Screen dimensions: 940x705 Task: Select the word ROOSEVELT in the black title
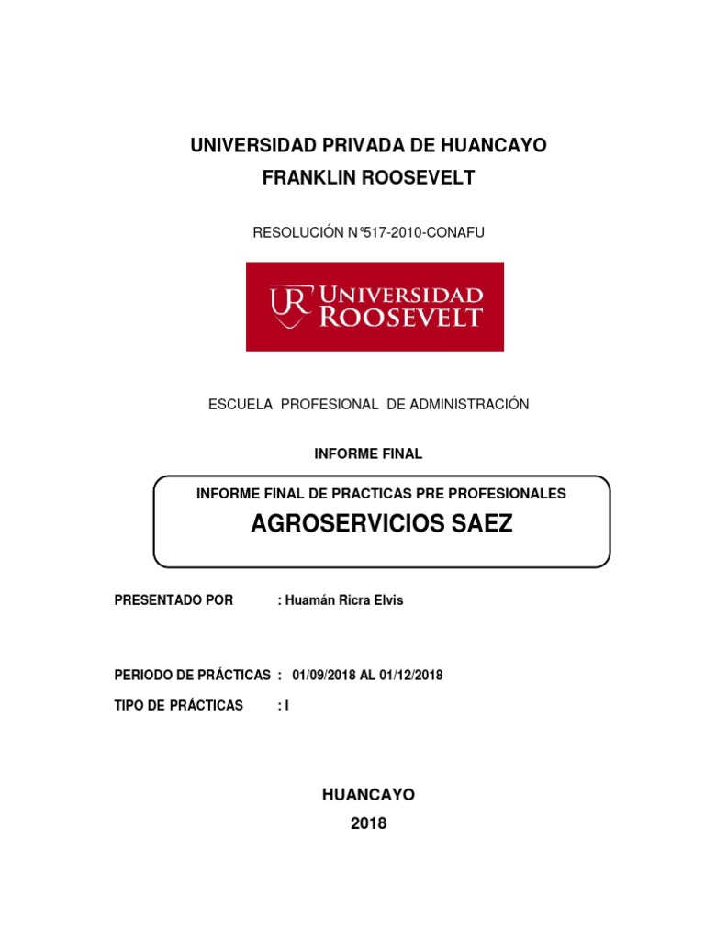[420, 178]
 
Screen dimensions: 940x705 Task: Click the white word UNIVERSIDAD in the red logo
[401, 296]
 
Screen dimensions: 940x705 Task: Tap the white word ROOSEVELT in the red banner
[400, 318]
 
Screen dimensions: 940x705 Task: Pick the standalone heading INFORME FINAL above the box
[368, 453]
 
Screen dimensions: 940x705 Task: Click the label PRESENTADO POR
[173, 600]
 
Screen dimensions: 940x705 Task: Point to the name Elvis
[385, 600]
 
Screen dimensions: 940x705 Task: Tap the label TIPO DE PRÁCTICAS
[179, 705]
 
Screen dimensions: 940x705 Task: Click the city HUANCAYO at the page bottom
[368, 795]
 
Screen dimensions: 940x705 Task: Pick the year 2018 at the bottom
[369, 823]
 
